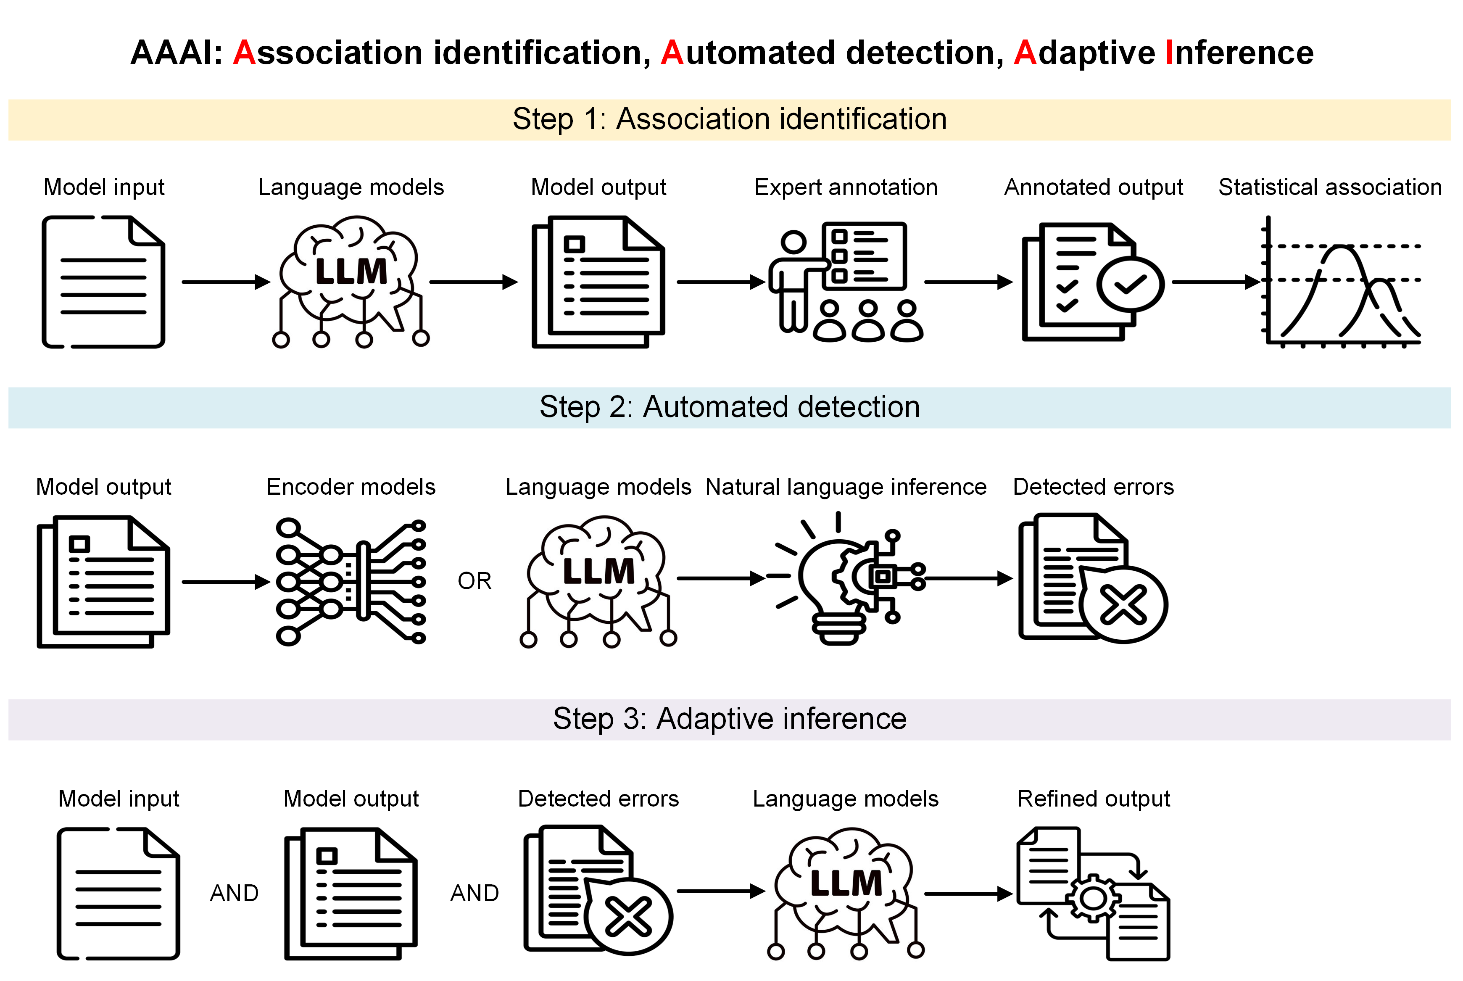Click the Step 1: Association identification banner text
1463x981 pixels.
point(729,119)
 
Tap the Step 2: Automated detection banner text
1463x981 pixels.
point(729,407)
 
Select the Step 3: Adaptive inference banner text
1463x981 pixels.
point(729,719)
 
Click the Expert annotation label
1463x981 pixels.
point(846,187)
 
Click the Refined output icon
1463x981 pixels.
point(1093,894)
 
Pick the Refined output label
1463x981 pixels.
point(1093,799)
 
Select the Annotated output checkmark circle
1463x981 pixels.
point(1130,285)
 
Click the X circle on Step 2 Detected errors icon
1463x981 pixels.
point(1123,605)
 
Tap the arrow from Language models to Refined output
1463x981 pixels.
point(967,894)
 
